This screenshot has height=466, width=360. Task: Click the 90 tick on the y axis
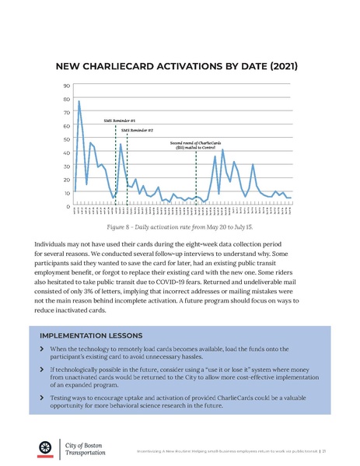click(x=67, y=86)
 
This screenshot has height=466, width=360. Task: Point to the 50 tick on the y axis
click(x=67, y=139)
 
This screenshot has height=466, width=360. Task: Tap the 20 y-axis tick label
click(x=67, y=179)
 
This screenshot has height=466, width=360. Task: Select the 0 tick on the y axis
click(x=68, y=206)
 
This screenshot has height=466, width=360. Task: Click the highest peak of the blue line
click(x=79, y=102)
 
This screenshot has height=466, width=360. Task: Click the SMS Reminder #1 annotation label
click(x=120, y=121)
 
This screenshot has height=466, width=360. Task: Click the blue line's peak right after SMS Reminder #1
click(x=121, y=144)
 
